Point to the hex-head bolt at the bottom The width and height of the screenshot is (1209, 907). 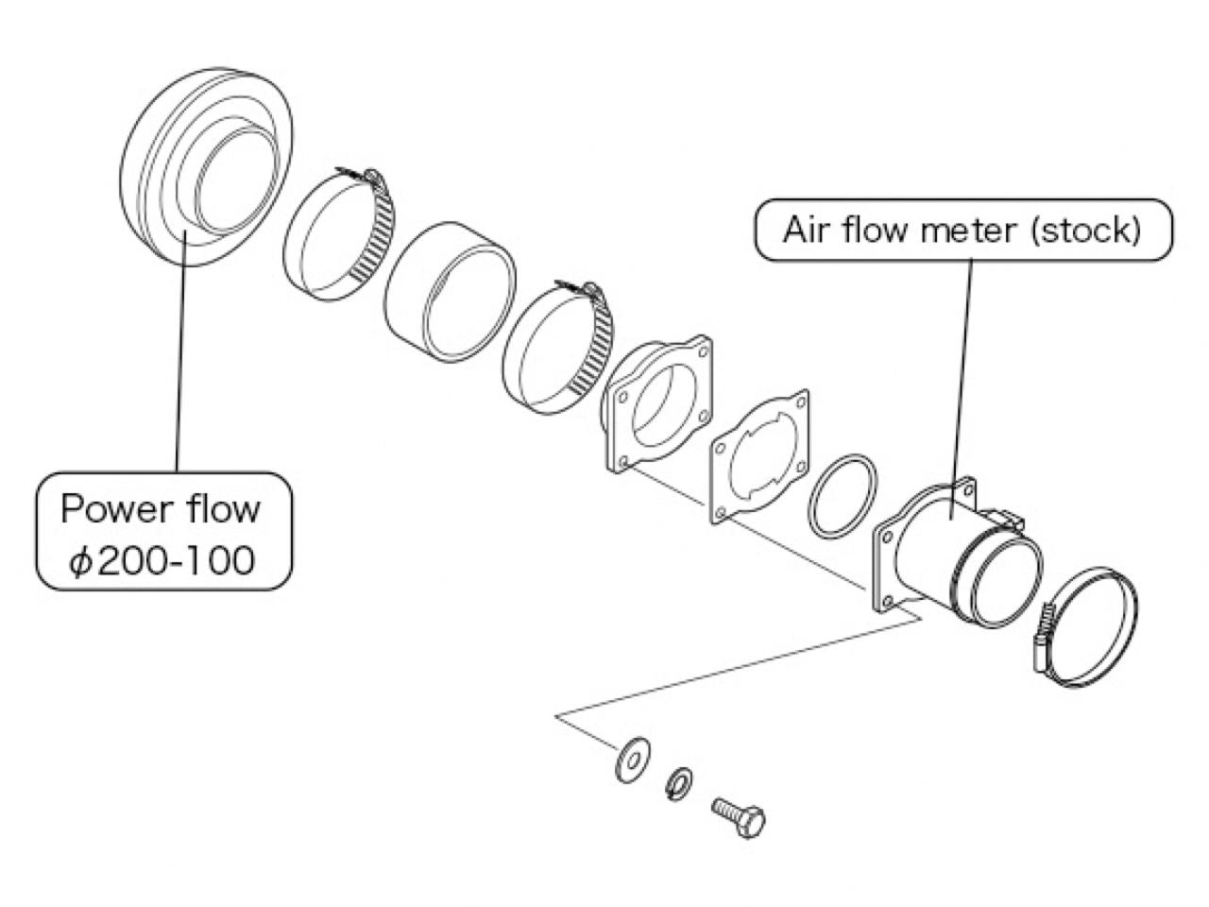(x=739, y=814)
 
